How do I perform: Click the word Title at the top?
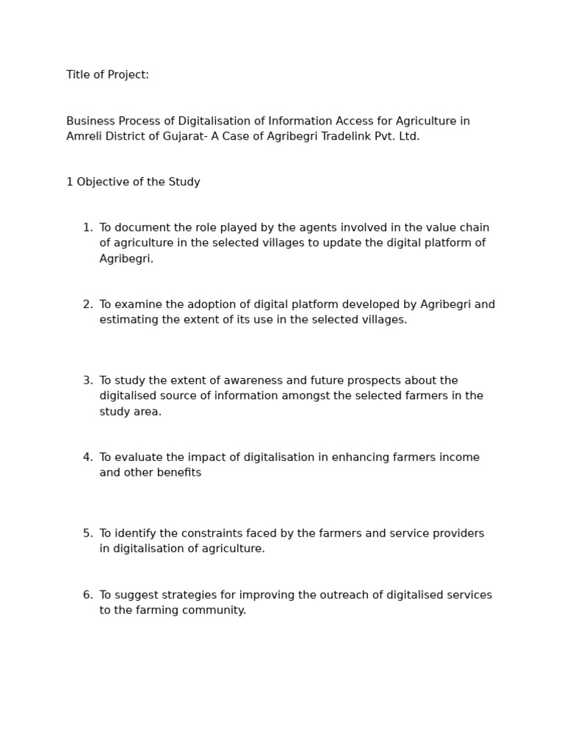78,75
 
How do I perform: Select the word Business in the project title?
90,121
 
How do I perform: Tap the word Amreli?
86,137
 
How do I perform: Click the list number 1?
87,228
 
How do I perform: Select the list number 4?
87,457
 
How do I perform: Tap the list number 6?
87,595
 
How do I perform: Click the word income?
459,457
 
